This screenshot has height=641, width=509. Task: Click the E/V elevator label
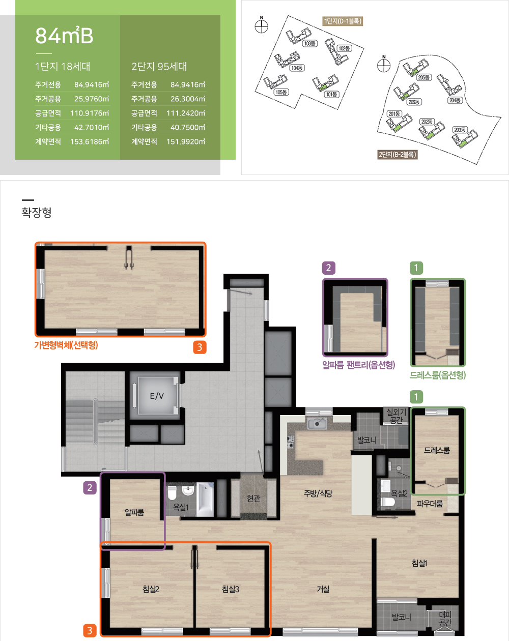click(x=157, y=396)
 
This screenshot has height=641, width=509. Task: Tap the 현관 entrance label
click(x=253, y=499)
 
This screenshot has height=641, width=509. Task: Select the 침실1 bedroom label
click(x=419, y=563)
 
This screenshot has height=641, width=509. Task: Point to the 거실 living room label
click(x=323, y=589)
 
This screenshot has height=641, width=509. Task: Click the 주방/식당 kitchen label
click(x=318, y=493)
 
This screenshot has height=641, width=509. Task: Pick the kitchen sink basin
click(x=317, y=423)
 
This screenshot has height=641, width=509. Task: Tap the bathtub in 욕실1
click(x=205, y=500)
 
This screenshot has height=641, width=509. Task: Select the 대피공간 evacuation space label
click(x=445, y=619)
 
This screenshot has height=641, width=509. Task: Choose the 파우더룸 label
click(x=430, y=504)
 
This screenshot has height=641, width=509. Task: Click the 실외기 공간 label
click(x=396, y=416)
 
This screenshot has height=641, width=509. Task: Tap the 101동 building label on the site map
click(x=331, y=95)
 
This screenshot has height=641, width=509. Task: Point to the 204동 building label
click(x=455, y=100)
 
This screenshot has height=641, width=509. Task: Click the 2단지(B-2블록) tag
click(x=397, y=155)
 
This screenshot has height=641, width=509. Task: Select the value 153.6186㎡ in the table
click(x=90, y=141)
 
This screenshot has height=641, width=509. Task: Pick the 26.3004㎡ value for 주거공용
click(x=188, y=99)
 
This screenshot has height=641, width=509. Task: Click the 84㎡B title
click(x=64, y=36)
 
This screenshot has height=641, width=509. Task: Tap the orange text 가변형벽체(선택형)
click(x=66, y=345)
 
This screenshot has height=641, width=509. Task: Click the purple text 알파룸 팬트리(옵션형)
click(x=359, y=365)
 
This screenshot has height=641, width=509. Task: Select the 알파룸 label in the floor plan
click(x=134, y=512)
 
